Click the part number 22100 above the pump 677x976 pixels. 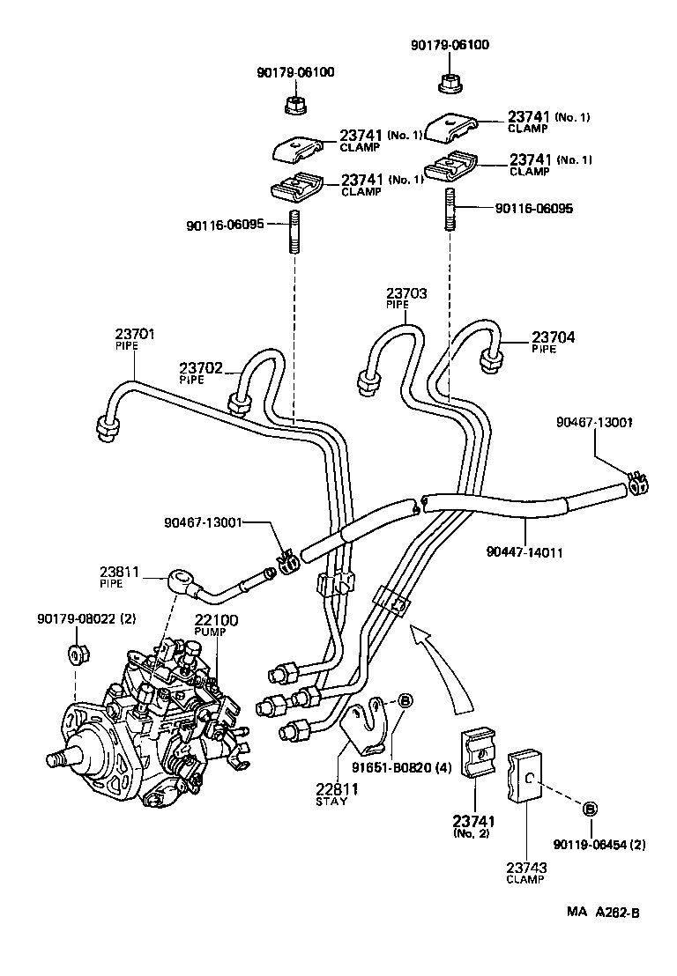(x=216, y=621)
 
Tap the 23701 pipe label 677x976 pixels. (x=134, y=339)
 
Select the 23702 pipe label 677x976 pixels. (x=200, y=373)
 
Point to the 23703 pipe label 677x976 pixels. (x=405, y=296)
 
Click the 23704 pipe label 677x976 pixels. (x=551, y=342)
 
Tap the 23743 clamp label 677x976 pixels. (x=526, y=874)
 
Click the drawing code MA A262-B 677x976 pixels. (x=603, y=912)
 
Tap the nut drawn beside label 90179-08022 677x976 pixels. (x=77, y=655)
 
